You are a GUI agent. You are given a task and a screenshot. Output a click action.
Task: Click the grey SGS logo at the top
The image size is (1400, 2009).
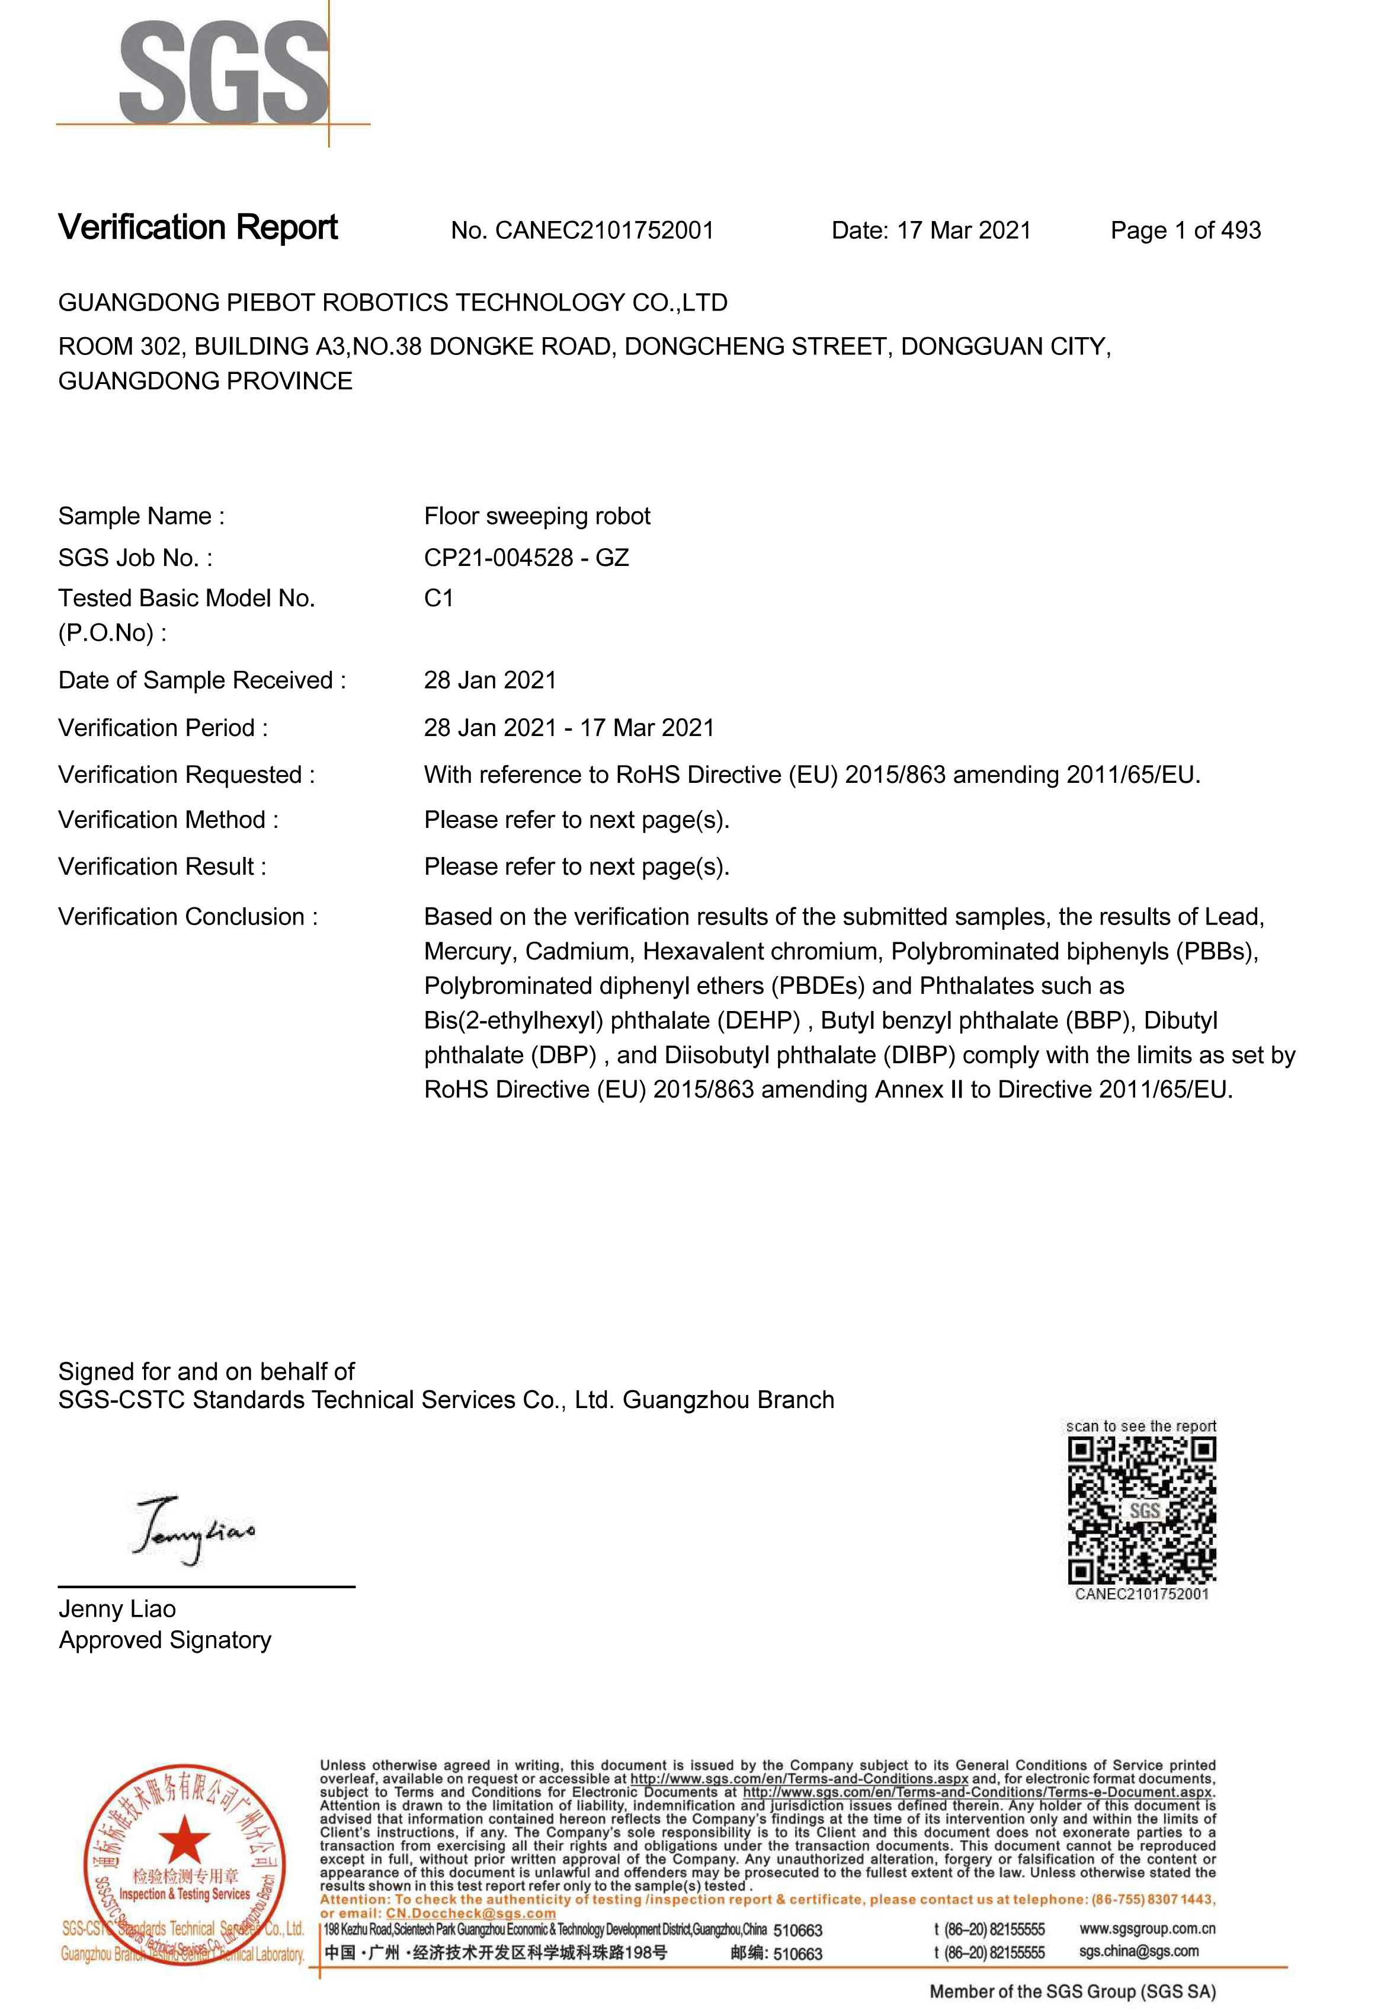[223, 73]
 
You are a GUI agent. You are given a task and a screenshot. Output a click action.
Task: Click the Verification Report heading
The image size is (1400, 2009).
[198, 228]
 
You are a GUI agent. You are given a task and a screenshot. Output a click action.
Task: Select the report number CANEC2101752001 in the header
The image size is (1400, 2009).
[604, 231]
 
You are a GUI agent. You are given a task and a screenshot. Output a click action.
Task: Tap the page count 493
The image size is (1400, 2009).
[1240, 231]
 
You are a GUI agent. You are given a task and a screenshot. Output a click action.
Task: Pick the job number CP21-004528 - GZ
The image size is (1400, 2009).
[526, 558]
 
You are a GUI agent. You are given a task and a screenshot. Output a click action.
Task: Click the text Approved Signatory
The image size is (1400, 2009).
[165, 1640]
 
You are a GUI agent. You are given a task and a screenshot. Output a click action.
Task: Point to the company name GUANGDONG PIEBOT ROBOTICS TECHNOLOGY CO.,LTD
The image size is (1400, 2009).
[392, 303]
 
